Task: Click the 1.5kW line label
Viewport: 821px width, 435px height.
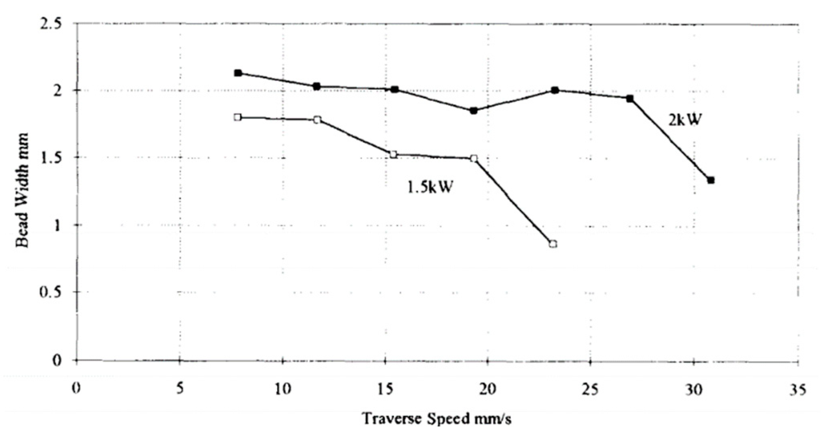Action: coord(430,187)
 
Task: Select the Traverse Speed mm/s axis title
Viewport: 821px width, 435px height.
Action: coord(437,418)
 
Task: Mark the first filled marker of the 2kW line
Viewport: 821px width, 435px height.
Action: coord(238,73)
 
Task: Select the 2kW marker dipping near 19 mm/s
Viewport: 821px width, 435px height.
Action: coord(474,111)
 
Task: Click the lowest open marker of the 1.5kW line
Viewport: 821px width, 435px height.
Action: coord(553,244)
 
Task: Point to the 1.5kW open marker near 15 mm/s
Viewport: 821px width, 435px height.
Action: coord(394,155)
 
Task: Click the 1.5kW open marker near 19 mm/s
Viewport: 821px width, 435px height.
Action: coord(474,158)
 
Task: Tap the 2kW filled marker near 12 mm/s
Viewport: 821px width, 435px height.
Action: coord(317,86)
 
